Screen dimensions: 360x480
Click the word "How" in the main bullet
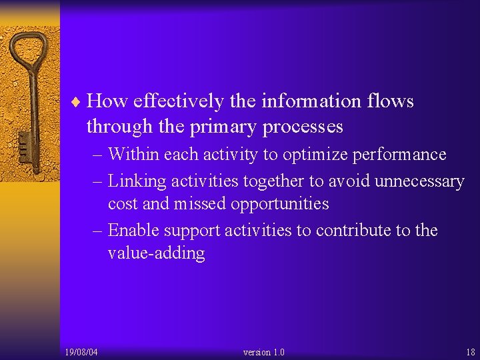[x=107, y=101]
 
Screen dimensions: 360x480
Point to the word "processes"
[x=303, y=127]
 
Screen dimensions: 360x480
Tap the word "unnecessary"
[x=419, y=181]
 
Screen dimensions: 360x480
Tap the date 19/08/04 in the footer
[x=81, y=352]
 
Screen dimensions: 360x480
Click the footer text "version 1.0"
[x=264, y=352]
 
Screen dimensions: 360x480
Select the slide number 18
[x=470, y=352]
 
